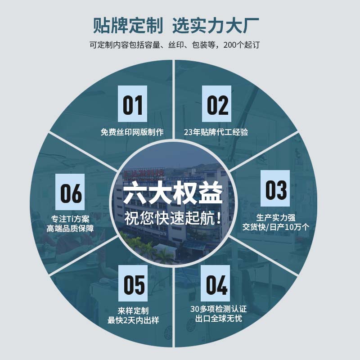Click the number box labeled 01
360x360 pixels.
tap(132, 104)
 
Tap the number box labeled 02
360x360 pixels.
tap(216, 104)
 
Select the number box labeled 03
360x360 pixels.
tap(275, 189)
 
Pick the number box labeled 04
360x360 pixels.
tap(216, 283)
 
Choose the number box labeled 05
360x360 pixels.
tap(133, 283)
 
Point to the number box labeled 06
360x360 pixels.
tap(70, 192)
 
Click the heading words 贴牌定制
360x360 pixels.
tap(128, 25)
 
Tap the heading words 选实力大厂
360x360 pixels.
tap(216, 25)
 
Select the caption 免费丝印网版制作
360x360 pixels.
tap(132, 132)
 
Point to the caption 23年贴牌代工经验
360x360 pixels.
tap(216, 132)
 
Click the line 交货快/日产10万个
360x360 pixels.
tap(275, 227)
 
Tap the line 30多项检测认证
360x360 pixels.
tap(218, 309)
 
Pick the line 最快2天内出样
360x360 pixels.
tap(133, 320)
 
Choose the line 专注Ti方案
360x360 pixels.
tap(70, 219)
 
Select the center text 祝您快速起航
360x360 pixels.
tap(173, 218)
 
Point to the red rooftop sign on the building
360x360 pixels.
tap(144, 173)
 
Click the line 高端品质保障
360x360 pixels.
tap(70, 229)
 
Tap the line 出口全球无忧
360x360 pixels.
tap(219, 319)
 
